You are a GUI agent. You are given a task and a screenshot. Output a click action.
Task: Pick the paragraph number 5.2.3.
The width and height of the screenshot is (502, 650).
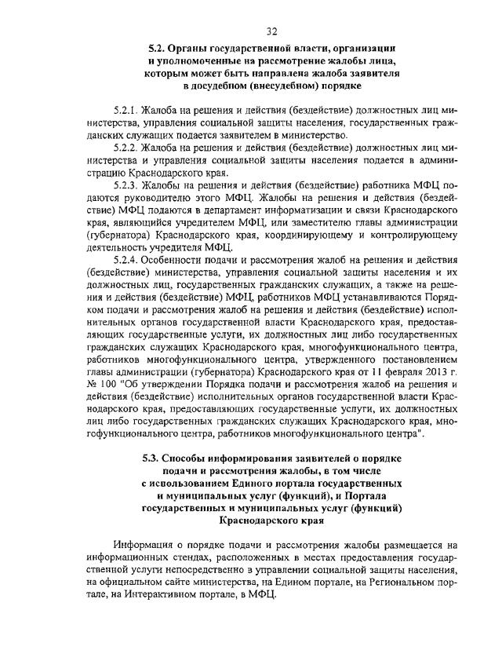128,181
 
